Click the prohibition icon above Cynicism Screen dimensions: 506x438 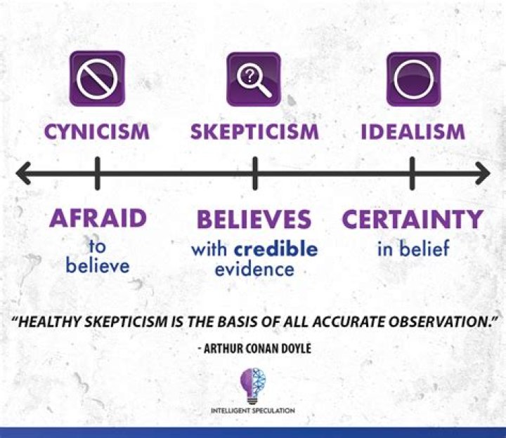click(x=97, y=79)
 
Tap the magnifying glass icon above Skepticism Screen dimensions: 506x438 click(x=254, y=79)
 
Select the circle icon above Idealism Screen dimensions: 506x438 click(x=414, y=79)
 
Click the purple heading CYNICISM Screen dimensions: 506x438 click(x=97, y=132)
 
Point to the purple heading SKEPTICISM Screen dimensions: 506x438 click(x=254, y=132)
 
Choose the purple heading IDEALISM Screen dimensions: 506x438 click(x=413, y=132)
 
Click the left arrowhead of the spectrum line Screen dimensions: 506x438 click(x=23, y=173)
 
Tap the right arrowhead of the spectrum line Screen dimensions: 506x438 click(x=483, y=173)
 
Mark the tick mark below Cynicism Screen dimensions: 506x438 click(x=98, y=173)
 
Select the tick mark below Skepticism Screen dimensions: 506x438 click(x=255, y=173)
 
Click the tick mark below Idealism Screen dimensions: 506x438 click(x=412, y=173)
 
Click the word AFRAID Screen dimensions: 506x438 click(x=98, y=218)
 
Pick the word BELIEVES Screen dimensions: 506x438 click(x=254, y=219)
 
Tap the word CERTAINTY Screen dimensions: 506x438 click(x=413, y=219)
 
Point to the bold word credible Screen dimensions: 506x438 click(x=276, y=248)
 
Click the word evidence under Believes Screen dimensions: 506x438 click(x=254, y=269)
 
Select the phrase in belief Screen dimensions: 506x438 click(x=413, y=248)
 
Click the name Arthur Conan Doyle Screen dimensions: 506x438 click(x=257, y=348)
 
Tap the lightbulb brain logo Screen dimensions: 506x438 click(x=253, y=386)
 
